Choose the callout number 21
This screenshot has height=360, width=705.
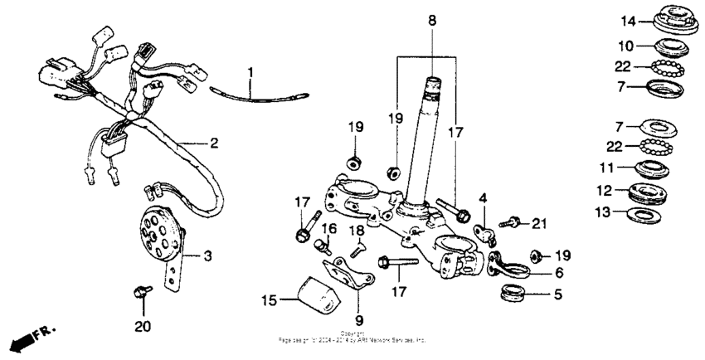tap(540, 222)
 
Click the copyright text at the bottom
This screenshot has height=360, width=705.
tap(352, 338)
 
